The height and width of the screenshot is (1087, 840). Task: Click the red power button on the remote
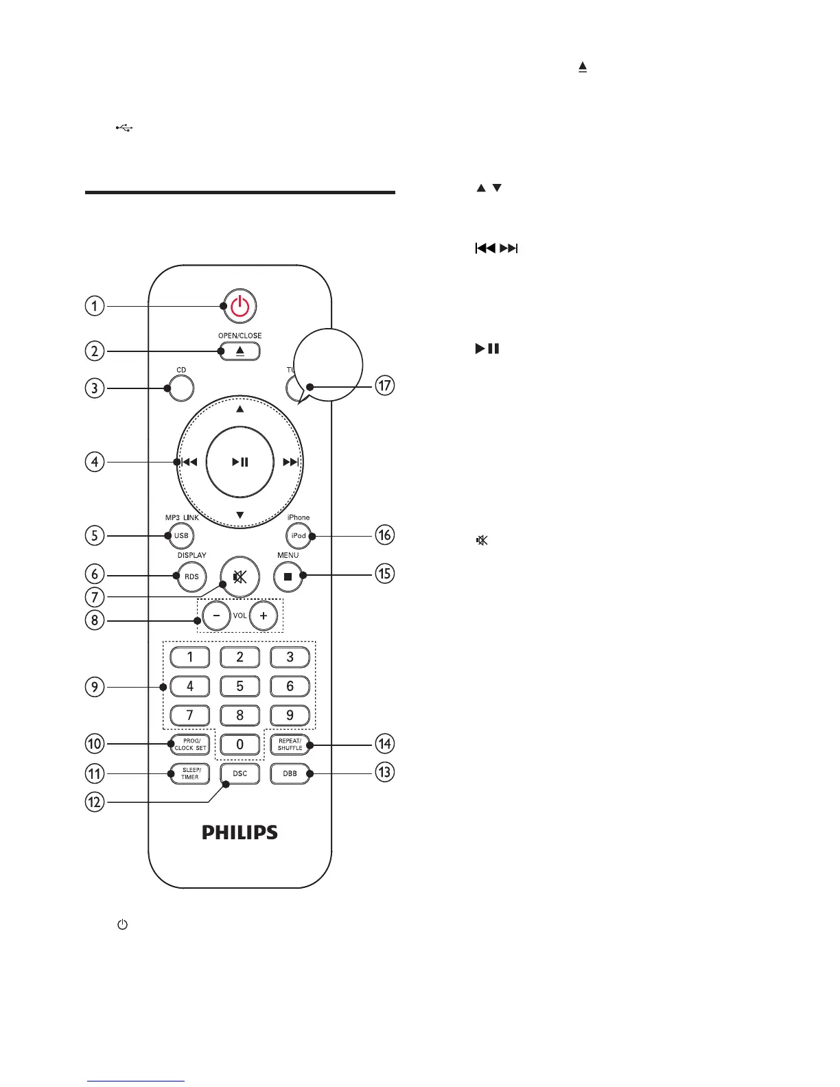click(240, 306)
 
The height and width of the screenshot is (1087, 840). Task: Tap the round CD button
click(181, 388)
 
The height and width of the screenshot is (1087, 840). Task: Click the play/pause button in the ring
click(240, 462)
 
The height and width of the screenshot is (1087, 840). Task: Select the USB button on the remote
click(181, 536)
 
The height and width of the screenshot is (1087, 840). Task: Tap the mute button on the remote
click(240, 576)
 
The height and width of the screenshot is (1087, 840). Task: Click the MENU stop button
click(288, 576)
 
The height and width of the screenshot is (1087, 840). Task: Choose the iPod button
click(298, 536)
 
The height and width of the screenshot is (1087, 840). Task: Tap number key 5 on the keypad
click(240, 686)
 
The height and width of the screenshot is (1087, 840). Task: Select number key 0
click(240, 745)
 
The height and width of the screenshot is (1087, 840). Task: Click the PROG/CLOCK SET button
click(190, 745)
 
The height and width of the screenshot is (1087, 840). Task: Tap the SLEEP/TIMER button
click(190, 774)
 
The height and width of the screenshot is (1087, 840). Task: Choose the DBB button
click(290, 774)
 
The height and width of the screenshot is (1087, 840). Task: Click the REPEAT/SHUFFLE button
click(290, 745)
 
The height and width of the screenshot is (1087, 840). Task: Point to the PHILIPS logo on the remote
click(240, 832)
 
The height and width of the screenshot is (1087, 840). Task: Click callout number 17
click(385, 385)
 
